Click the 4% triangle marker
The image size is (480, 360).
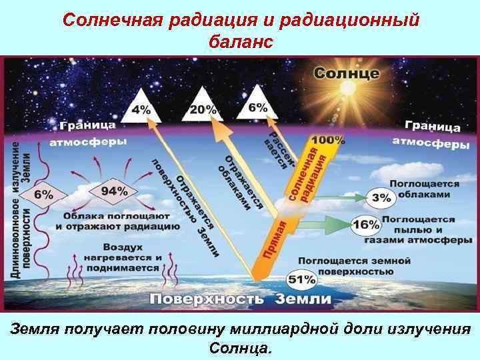[x=141, y=107]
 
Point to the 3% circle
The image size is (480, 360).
[x=382, y=197]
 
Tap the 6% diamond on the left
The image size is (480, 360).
[x=44, y=194]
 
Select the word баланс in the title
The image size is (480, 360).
[x=241, y=42]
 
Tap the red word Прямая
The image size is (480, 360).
[x=275, y=239]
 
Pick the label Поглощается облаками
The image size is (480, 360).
[x=425, y=188]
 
